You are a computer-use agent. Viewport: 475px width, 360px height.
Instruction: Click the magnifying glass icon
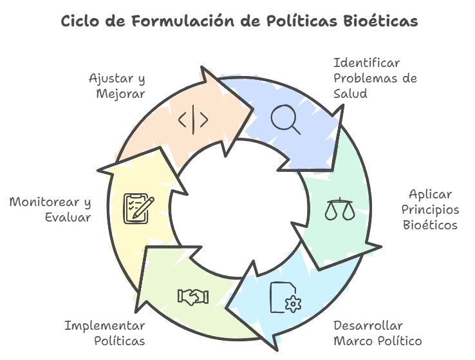[x=285, y=119]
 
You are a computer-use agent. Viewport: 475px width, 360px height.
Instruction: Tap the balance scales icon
[x=340, y=209]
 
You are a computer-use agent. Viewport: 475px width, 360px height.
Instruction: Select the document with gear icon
[x=284, y=297]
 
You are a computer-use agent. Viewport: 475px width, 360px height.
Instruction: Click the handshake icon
[x=193, y=296]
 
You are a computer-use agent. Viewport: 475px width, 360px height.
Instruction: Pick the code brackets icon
[x=193, y=120]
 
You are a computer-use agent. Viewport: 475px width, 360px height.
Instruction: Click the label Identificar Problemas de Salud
[x=375, y=79]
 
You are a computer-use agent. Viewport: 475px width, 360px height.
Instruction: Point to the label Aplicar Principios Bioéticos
[x=430, y=210]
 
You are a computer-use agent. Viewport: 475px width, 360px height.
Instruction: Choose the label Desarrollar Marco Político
[x=377, y=333]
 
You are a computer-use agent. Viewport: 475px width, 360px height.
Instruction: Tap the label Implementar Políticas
[x=104, y=333]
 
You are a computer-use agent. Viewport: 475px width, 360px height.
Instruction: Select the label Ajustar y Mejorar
[x=117, y=86]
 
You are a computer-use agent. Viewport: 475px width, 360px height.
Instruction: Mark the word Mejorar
[x=120, y=94]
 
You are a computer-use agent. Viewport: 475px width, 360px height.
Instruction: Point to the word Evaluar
[x=68, y=218]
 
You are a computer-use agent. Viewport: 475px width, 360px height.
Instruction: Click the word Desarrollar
[x=368, y=325]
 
